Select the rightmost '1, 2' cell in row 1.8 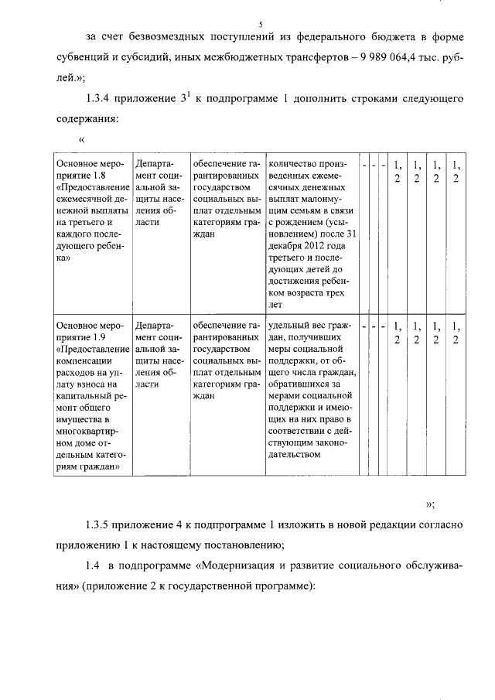pos(456,171)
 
